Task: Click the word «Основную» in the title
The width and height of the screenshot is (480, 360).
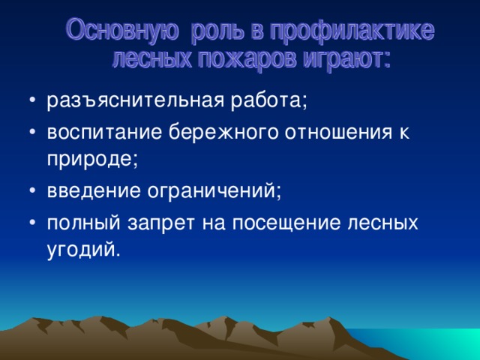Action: (122, 30)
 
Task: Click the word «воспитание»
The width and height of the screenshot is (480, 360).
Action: (104, 133)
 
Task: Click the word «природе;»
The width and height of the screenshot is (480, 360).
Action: (92, 160)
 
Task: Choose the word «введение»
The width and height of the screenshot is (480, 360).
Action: (94, 190)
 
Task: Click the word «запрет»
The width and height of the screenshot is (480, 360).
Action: (161, 224)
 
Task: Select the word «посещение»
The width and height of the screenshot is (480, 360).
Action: (286, 224)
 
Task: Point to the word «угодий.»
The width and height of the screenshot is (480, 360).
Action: (82, 250)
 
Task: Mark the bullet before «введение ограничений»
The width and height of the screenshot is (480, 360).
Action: (33, 190)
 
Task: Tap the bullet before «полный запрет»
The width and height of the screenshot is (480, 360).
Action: (33, 223)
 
